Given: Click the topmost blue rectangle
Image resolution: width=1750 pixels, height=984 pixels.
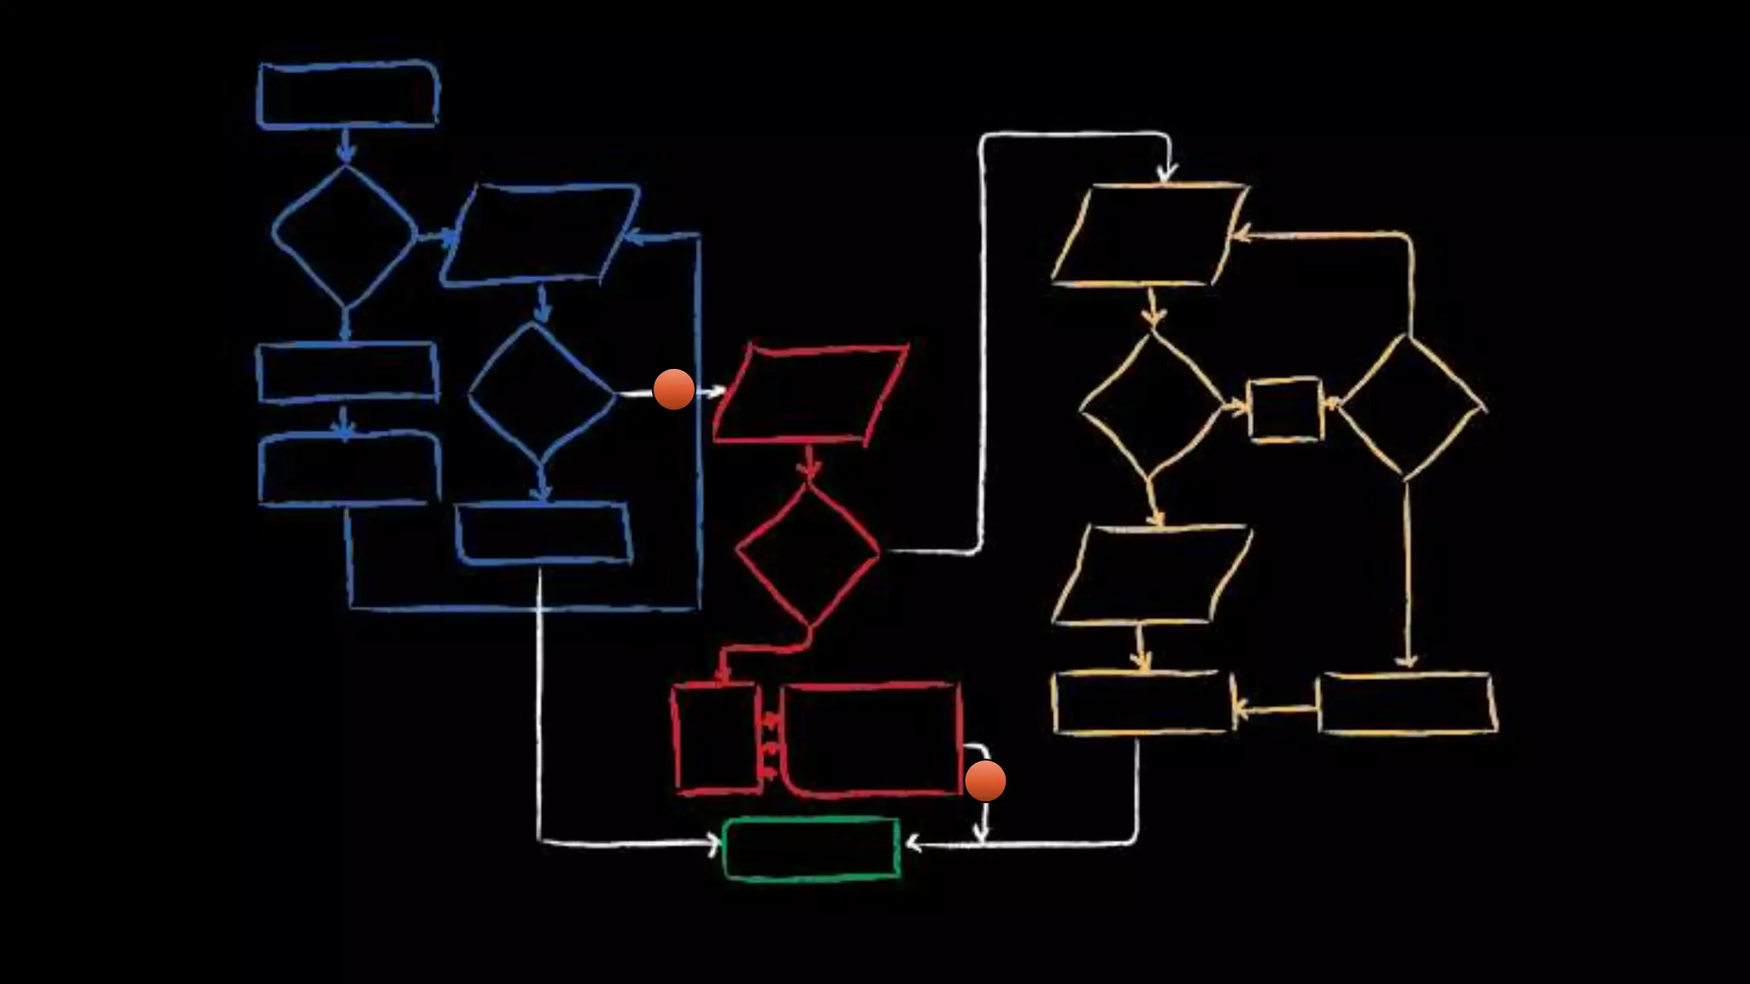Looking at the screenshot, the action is tap(348, 95).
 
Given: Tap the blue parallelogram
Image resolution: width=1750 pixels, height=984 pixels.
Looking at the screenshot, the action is tap(540, 233).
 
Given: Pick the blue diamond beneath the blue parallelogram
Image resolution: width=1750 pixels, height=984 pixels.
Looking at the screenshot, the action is tap(541, 394).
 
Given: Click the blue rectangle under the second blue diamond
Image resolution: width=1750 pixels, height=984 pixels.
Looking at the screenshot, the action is tap(543, 534).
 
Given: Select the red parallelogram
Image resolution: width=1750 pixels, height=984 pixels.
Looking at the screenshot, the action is tap(810, 394).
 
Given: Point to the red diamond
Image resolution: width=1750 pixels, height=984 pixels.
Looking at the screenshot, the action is tap(807, 553).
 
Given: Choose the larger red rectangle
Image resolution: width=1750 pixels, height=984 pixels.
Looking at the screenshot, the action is tap(872, 739).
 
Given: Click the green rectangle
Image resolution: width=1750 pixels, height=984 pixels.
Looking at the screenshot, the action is tap(811, 848).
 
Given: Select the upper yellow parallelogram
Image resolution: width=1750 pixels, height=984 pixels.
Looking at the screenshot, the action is tap(1149, 234).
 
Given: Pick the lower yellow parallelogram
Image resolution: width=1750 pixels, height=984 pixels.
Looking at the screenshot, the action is tap(1151, 575).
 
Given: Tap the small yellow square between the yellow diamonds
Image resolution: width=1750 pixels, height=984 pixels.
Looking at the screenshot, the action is tap(1284, 409).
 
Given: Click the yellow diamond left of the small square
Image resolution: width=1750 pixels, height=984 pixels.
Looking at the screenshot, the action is tap(1151, 405).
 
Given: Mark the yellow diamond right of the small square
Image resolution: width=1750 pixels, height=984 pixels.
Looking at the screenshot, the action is tap(1410, 407).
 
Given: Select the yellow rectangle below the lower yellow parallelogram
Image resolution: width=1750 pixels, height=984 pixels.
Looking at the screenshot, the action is tap(1143, 703).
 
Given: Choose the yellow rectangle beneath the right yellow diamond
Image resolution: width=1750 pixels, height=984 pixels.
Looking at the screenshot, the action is tap(1406, 704).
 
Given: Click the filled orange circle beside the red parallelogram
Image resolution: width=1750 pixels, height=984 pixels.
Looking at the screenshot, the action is tap(673, 389).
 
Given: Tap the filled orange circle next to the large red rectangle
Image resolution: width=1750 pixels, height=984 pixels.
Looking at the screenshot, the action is tap(985, 781).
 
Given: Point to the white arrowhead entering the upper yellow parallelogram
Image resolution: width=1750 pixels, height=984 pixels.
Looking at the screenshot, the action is tap(1166, 173).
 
